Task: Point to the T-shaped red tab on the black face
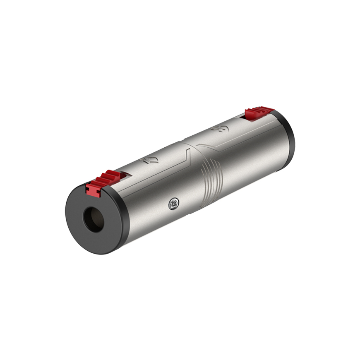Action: pos(93,190)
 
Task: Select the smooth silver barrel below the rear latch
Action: pos(257,153)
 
